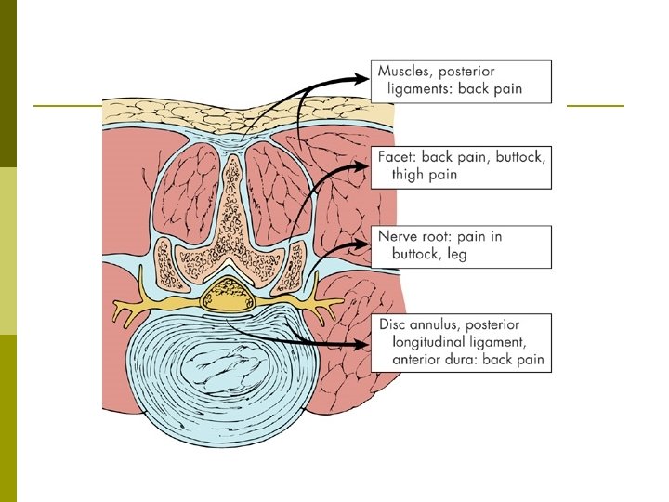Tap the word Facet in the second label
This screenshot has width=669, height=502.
point(396,156)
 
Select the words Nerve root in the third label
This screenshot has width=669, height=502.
point(418,236)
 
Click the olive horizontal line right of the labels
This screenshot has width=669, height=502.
point(595,105)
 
